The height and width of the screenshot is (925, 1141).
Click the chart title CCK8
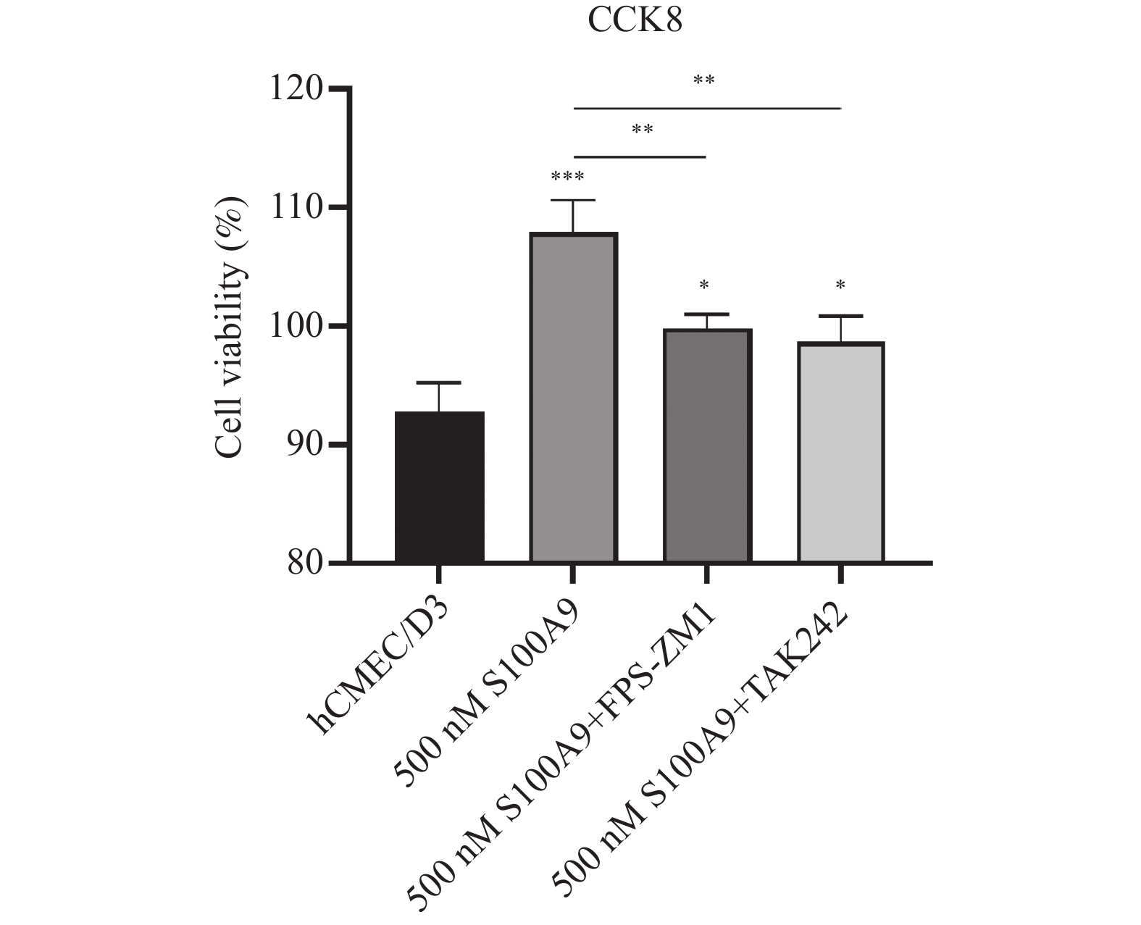pyautogui.click(x=635, y=21)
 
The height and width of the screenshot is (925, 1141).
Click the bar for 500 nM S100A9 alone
pyautogui.click(x=573, y=398)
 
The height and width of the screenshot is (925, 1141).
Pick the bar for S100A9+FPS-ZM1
pyautogui.click(x=707, y=445)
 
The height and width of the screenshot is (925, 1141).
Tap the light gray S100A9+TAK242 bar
pyautogui.click(x=840, y=452)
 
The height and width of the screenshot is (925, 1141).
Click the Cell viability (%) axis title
pyautogui.click(x=230, y=326)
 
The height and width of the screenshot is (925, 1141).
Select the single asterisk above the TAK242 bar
pyautogui.click(x=840, y=285)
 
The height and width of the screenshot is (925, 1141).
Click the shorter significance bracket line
pyautogui.click(x=639, y=156)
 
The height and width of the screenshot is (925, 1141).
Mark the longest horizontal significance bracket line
pyautogui.click(x=707, y=108)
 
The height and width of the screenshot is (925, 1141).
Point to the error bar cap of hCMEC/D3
pyautogui.click(x=439, y=382)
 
